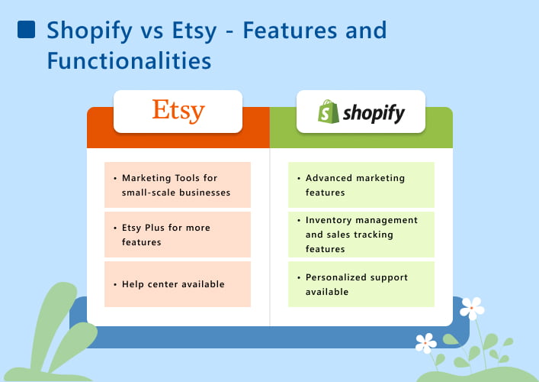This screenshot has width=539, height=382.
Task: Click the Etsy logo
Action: coord(178,111)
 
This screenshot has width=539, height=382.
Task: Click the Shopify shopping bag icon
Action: coord(329,112)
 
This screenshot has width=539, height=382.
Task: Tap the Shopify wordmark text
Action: coord(373,114)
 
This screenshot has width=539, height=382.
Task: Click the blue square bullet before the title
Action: coord(26,30)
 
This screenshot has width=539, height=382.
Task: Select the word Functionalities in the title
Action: coord(128,60)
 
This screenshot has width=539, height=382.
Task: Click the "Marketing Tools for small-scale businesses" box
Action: coord(178,185)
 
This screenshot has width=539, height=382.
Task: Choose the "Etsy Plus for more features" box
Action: coord(178,235)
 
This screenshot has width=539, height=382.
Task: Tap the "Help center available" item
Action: coord(178,284)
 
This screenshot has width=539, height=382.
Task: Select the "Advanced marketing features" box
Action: coord(361,185)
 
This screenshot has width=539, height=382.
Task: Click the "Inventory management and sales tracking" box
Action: coord(361,235)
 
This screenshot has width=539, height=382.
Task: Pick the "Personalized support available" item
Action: coord(361,284)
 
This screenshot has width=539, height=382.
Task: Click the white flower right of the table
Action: coord(472,308)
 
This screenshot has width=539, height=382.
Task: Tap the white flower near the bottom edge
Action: coord(425,342)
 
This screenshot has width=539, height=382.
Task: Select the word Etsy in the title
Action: coord(192,31)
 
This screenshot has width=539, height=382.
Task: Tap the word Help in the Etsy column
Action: coord(133,284)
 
